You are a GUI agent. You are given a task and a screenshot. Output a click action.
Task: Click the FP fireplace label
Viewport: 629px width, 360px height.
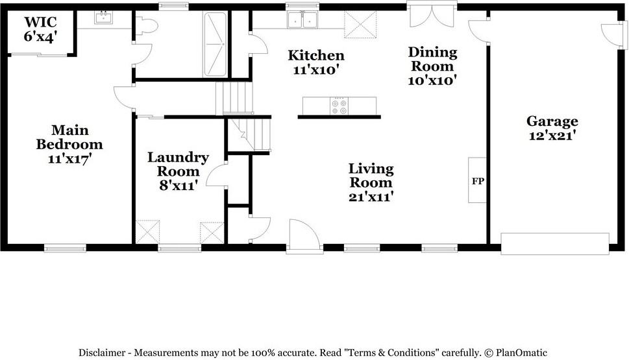[478, 181]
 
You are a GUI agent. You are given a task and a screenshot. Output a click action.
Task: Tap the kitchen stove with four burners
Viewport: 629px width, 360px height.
[339, 106]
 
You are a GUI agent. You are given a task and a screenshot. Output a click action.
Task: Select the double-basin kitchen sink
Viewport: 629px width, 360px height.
[302, 19]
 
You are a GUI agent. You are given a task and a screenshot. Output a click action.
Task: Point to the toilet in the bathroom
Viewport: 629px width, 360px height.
[146, 26]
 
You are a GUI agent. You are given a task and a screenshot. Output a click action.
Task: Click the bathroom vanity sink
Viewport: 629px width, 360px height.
[103, 18]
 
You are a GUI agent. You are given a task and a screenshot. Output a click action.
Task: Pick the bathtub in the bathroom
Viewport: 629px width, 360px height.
[216, 44]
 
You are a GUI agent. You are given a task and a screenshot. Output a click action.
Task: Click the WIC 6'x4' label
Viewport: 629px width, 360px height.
[40, 29]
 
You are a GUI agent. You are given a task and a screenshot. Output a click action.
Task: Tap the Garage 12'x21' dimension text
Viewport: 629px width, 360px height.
[552, 136]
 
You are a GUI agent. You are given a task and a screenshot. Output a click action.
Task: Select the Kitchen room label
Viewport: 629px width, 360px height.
[316, 55]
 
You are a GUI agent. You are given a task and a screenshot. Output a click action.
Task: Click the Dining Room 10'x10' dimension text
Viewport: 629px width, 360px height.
[432, 80]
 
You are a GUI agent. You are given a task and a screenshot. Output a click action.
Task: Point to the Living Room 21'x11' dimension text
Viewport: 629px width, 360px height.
[371, 197]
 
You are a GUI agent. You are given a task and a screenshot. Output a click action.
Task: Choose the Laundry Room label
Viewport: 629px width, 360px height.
[178, 164]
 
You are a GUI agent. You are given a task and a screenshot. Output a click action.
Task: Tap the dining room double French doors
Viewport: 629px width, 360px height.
[432, 14]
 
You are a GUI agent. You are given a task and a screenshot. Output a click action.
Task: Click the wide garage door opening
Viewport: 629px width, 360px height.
[555, 244]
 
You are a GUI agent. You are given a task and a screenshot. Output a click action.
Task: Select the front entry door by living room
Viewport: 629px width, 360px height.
[304, 237]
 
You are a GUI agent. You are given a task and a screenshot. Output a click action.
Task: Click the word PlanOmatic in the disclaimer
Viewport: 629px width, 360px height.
[521, 353]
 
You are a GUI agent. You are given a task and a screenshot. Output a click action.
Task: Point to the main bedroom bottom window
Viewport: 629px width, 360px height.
[66, 248]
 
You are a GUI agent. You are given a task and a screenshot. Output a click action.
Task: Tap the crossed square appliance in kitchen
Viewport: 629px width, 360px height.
[360, 25]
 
